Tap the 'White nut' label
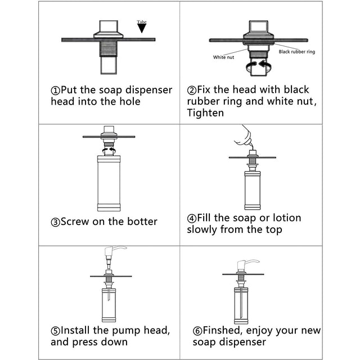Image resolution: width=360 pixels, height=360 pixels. point(223,57)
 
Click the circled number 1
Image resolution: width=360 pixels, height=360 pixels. point(55,91)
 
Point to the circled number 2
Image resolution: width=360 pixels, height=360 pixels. point(191,91)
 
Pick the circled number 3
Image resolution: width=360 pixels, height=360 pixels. point(55,222)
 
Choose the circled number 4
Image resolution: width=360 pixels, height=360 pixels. point(191,218)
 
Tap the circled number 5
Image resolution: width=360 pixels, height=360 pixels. point(55,330)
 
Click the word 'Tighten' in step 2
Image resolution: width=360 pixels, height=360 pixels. point(206,113)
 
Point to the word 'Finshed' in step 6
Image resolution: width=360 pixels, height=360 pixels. point(224,330)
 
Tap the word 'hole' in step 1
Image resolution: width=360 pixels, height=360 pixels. point(128,102)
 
